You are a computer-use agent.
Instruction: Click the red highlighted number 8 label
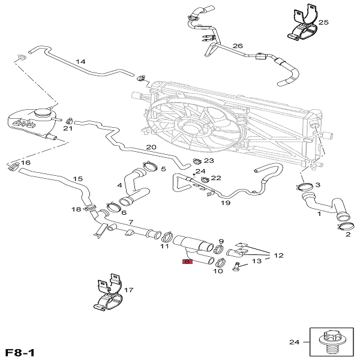[188, 262]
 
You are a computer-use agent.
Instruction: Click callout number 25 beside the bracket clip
[323, 22]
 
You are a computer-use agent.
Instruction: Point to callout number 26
[237, 46]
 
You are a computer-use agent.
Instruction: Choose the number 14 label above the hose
[80, 62]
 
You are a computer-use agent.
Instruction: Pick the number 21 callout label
[68, 128]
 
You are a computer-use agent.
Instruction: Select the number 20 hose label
[151, 147]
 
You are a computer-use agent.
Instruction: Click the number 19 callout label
[226, 203]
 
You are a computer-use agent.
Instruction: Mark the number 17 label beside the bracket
[128, 290]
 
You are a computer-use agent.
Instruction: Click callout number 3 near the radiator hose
[317, 185]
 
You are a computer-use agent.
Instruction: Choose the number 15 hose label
[77, 179]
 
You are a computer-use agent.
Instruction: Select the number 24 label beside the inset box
[294, 343]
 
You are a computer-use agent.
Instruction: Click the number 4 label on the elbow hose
[120, 185]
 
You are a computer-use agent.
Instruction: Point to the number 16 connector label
[25, 163]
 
